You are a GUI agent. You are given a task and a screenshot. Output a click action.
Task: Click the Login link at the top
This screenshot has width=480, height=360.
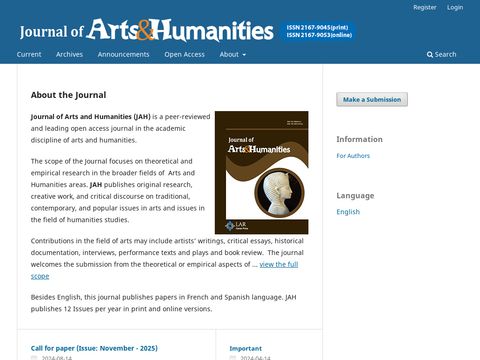point(455,7)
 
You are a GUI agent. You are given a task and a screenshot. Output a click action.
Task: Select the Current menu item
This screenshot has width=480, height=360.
point(29,54)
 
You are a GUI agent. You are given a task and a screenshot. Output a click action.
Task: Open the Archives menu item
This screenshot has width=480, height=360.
point(70,54)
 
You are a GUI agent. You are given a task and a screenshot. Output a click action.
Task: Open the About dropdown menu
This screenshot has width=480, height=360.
point(232,54)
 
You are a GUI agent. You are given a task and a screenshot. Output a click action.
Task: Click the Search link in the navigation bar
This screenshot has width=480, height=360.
point(441,54)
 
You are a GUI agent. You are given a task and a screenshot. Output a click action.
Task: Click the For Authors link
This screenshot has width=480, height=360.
point(354,156)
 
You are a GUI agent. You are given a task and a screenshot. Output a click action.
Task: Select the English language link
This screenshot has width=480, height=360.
point(348,212)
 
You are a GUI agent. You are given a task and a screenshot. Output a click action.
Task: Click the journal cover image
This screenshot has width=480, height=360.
point(261,179)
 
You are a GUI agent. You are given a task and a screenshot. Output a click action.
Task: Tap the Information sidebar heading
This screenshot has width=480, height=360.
point(359,139)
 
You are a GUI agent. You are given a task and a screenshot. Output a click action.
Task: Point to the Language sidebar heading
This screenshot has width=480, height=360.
point(355,195)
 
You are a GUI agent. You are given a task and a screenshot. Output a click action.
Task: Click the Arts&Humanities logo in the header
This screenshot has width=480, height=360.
point(180,30)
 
